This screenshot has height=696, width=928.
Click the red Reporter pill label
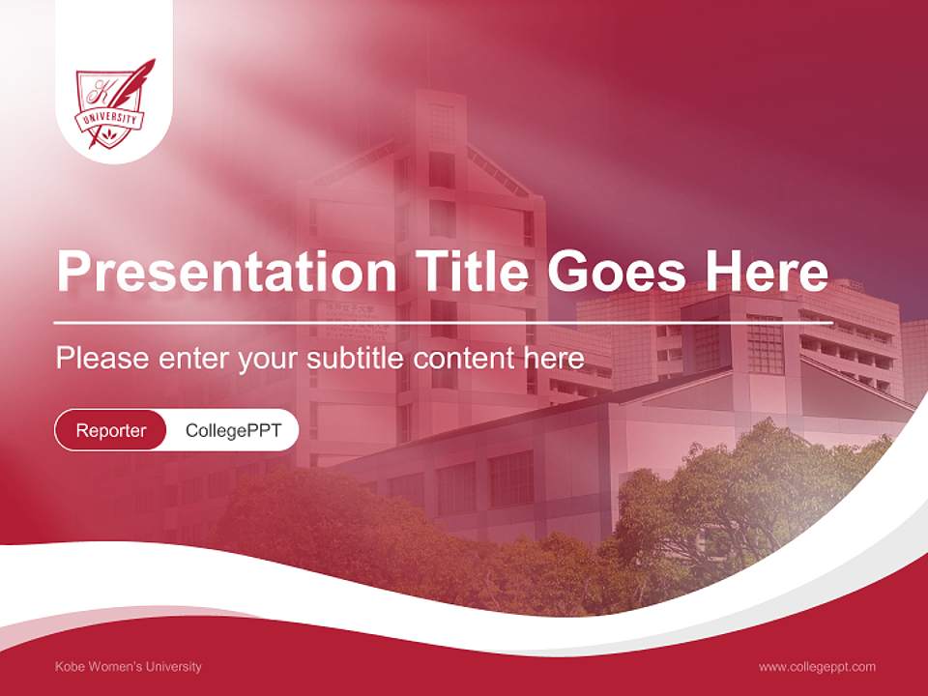coord(111,430)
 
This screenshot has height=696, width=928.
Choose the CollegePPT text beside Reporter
coord(233,430)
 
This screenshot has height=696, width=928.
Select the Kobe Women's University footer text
coord(129,666)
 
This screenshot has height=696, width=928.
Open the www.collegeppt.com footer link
coord(817,666)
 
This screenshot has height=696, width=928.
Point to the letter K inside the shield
coord(100,94)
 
